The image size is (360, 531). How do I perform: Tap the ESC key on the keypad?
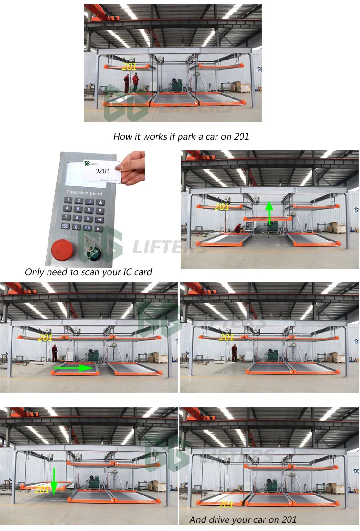point(65,226)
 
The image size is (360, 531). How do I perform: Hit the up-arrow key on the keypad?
point(100,202)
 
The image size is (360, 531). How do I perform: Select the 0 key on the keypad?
point(76,227)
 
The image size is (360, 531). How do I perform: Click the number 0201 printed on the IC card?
point(102,170)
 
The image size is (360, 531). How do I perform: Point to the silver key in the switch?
point(88,243)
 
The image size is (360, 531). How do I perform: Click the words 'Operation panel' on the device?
point(84,192)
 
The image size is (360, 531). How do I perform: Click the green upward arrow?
point(269,213)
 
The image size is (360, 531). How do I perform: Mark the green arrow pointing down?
point(54,481)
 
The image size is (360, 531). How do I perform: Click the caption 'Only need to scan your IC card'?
point(88,272)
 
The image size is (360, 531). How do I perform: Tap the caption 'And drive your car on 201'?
point(243,519)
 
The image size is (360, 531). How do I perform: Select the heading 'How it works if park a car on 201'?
point(181,136)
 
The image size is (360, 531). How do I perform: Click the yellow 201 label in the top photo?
point(129,67)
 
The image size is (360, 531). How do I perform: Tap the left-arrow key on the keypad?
point(99,219)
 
